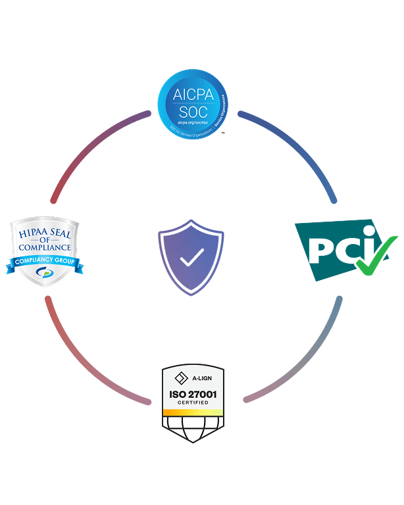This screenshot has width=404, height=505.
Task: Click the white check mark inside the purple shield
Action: click(191, 257)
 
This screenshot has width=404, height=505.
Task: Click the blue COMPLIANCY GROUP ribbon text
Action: click(44, 263)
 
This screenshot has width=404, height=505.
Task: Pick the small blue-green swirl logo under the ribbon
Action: click(44, 274)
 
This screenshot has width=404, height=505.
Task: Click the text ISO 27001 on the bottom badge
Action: click(193, 395)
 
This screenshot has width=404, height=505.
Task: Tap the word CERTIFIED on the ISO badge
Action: click(193, 402)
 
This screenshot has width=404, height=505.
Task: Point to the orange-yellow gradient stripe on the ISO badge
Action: click(193, 412)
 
